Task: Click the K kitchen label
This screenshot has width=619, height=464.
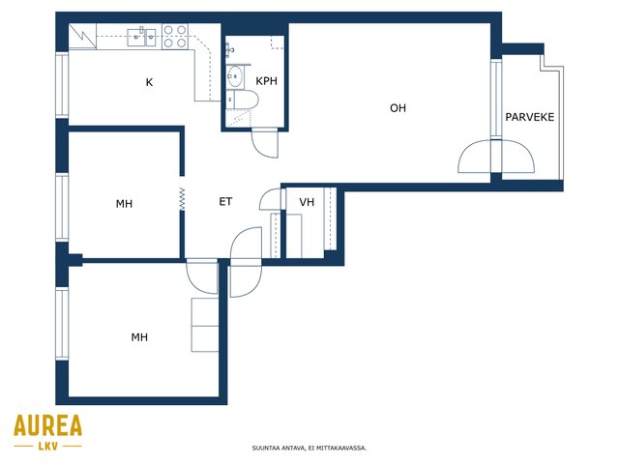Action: tap(149, 82)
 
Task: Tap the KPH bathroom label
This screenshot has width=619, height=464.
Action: tap(267, 81)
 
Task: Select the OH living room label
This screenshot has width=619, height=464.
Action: tap(398, 107)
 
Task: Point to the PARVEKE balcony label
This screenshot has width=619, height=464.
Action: tap(530, 117)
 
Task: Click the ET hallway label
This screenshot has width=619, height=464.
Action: tap(225, 202)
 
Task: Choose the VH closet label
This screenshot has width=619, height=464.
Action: tap(307, 202)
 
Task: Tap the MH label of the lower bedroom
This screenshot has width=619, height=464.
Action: tap(139, 337)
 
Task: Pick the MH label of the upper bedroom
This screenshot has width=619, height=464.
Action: tap(124, 204)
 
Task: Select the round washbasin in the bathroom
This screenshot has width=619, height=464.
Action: tap(234, 76)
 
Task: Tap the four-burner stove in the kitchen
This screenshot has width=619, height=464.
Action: tap(175, 37)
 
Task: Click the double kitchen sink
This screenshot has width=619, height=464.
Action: tap(142, 37)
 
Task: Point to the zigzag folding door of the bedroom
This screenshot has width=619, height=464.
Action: tap(182, 199)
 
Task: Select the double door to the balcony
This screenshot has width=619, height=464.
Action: tap(496, 157)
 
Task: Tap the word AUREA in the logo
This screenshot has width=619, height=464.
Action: tap(48, 425)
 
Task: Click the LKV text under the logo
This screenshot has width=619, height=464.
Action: tap(48, 447)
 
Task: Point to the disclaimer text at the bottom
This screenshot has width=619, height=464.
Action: tap(309, 449)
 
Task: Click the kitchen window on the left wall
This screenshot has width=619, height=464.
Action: tap(62, 85)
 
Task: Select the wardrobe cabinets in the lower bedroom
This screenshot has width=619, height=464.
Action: tap(205, 325)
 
